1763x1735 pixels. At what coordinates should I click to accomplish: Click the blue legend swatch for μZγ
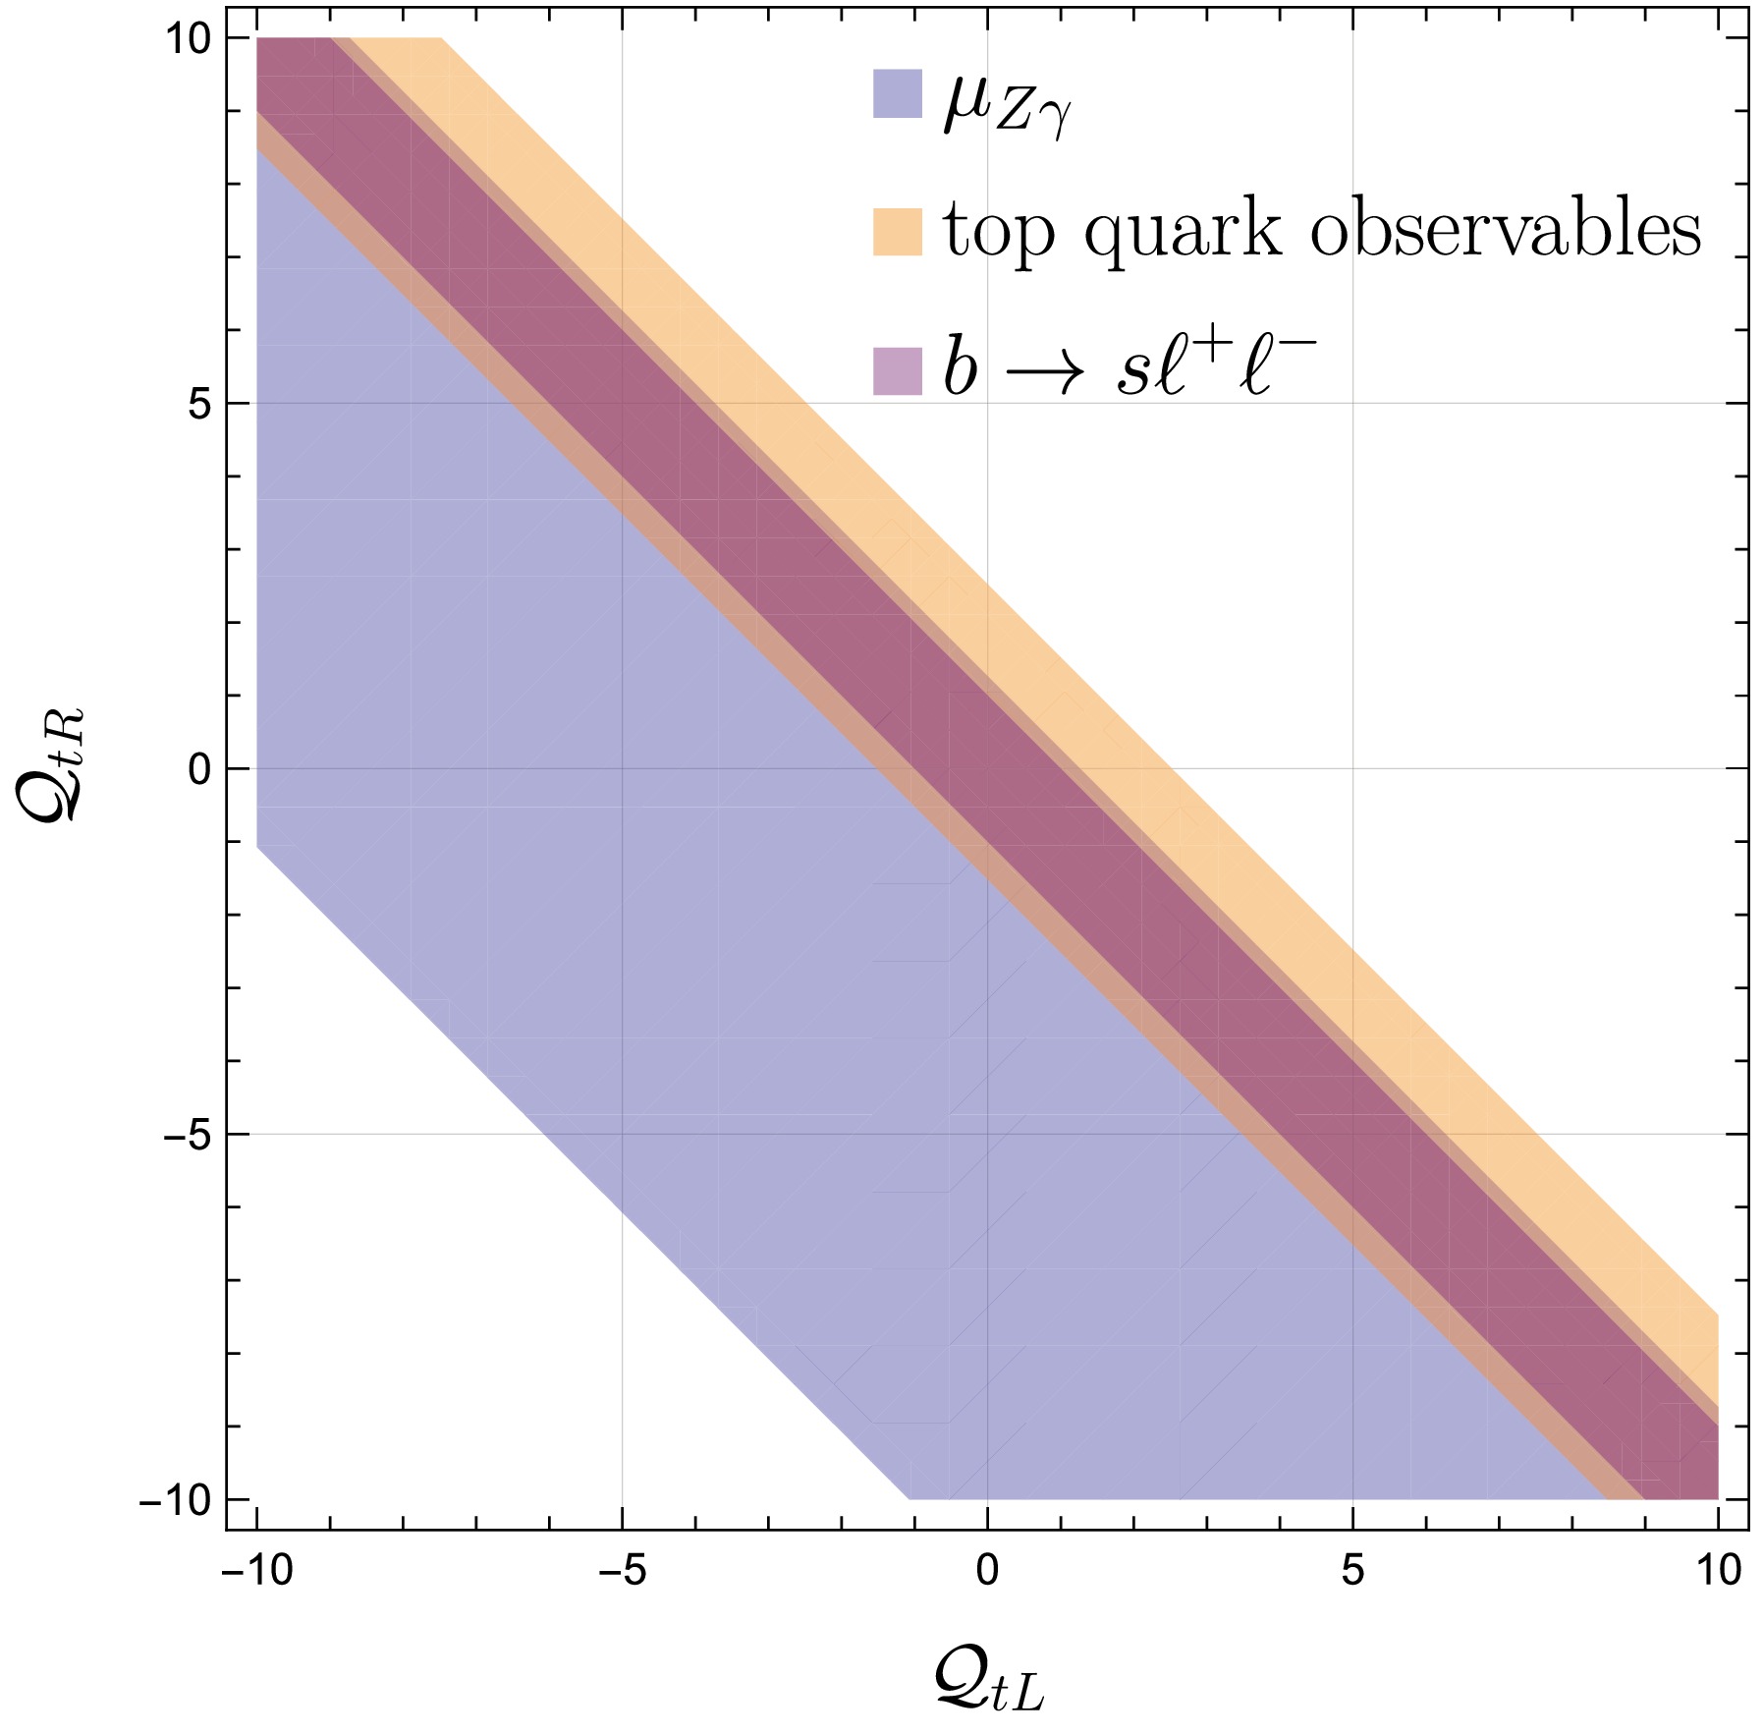click(897, 94)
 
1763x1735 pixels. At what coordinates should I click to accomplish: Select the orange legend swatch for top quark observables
click(897, 232)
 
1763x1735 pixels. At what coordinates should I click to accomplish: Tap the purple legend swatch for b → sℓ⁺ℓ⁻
click(897, 371)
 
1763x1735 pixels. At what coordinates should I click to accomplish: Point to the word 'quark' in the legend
click(1183, 233)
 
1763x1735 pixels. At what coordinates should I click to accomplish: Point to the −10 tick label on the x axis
click(257, 1571)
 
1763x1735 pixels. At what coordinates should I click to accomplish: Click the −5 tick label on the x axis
click(623, 1571)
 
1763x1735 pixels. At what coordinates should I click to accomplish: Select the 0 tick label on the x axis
click(987, 1571)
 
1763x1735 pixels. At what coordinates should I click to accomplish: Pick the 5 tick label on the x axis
click(1352, 1571)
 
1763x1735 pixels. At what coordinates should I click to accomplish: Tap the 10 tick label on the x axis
click(1717, 1571)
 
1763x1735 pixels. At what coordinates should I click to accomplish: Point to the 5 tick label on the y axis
click(200, 404)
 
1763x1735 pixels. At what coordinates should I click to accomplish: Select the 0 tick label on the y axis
click(200, 769)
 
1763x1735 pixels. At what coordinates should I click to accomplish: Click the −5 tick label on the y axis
click(187, 1135)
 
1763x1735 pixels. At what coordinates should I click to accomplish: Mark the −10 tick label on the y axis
click(178, 1500)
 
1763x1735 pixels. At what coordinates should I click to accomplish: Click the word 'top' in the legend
click(999, 233)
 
